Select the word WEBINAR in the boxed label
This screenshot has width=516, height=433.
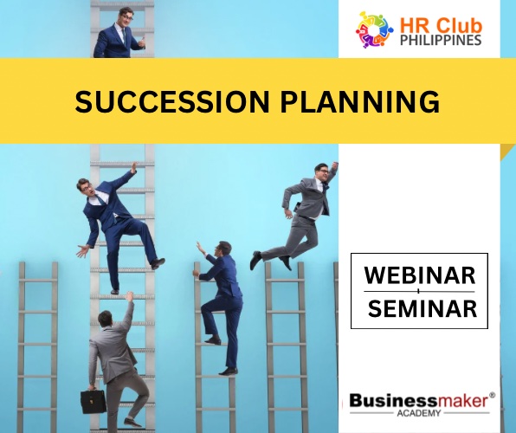point(419,276)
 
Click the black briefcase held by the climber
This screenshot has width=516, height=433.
point(94,400)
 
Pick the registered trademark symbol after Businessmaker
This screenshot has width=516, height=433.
point(492,394)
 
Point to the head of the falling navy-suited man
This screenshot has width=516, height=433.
point(85,186)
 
